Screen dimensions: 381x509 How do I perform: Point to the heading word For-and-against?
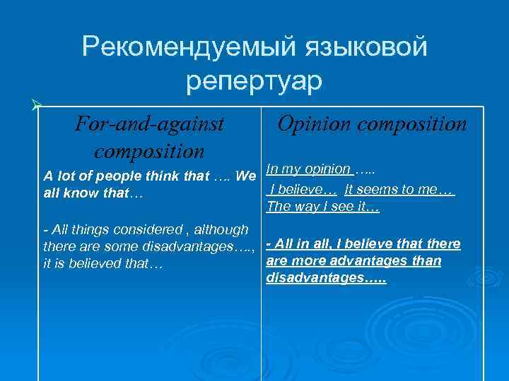coord(149,124)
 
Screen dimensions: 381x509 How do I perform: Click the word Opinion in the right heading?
coord(315,124)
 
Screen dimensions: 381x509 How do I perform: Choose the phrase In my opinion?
coord(309,169)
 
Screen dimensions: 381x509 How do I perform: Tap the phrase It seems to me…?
coord(399,190)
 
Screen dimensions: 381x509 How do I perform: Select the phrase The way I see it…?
coord(323,207)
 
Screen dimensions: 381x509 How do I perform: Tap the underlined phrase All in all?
coord(298,243)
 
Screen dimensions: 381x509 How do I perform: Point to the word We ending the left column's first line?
coord(246,176)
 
